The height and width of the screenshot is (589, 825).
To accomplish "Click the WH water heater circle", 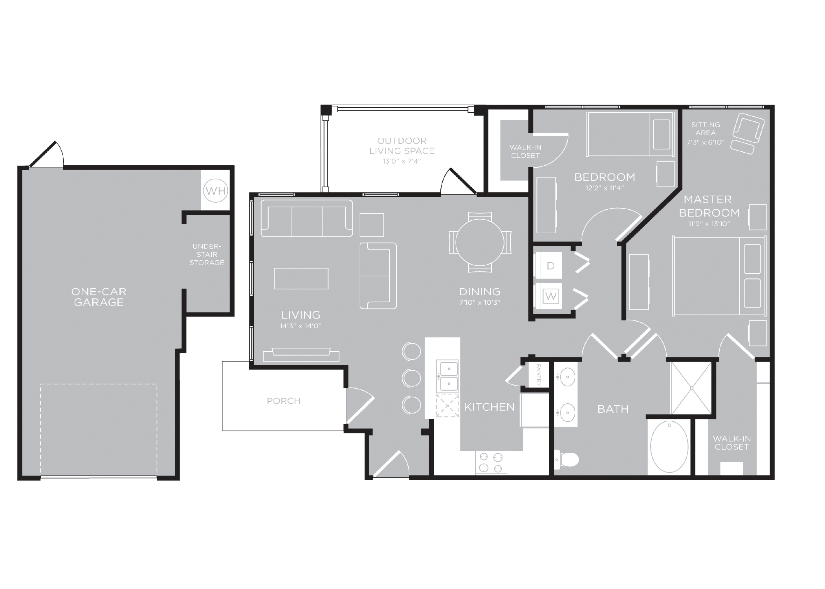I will coord(216,191).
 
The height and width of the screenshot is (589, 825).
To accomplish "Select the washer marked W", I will coord(550,296).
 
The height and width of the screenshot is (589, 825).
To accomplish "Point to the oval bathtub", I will coord(669,447).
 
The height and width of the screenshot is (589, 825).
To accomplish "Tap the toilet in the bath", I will coord(567,459).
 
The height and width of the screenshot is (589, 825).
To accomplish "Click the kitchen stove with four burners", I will coord(491,462).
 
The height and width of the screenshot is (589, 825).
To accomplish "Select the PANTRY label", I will coord(539,375).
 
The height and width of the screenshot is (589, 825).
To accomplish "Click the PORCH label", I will coord(283,401).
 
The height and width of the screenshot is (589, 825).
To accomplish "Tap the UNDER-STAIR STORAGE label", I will coord(207,254).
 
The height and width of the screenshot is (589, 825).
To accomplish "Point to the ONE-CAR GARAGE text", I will coord(99,297).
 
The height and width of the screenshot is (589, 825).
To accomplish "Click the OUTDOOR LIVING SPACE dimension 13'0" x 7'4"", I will coord(401,161).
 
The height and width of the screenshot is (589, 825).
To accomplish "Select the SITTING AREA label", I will coord(706,128).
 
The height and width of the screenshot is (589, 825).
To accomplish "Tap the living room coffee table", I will coord(301,278).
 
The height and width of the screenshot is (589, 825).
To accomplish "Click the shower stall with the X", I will coord(691,388).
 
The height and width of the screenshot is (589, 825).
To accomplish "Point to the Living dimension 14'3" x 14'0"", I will coord(301,326).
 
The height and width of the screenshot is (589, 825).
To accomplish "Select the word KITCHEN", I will coord(489,407).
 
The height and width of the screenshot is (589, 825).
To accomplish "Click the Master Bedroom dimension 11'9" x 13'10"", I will coord(709,224).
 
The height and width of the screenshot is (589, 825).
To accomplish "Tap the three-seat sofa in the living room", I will coord(306,218).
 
